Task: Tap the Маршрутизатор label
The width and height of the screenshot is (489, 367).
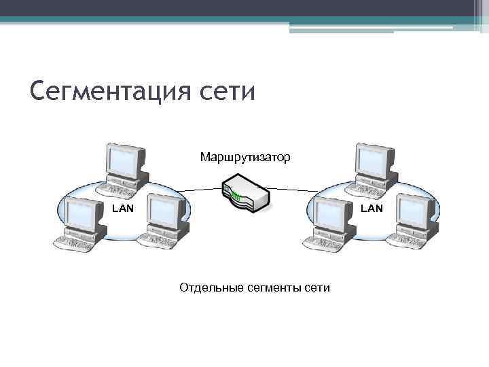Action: click(x=244, y=158)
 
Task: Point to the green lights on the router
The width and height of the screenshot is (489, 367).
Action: click(x=236, y=197)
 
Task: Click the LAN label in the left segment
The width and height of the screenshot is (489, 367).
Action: click(x=123, y=209)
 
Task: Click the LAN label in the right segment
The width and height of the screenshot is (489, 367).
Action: click(x=372, y=209)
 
